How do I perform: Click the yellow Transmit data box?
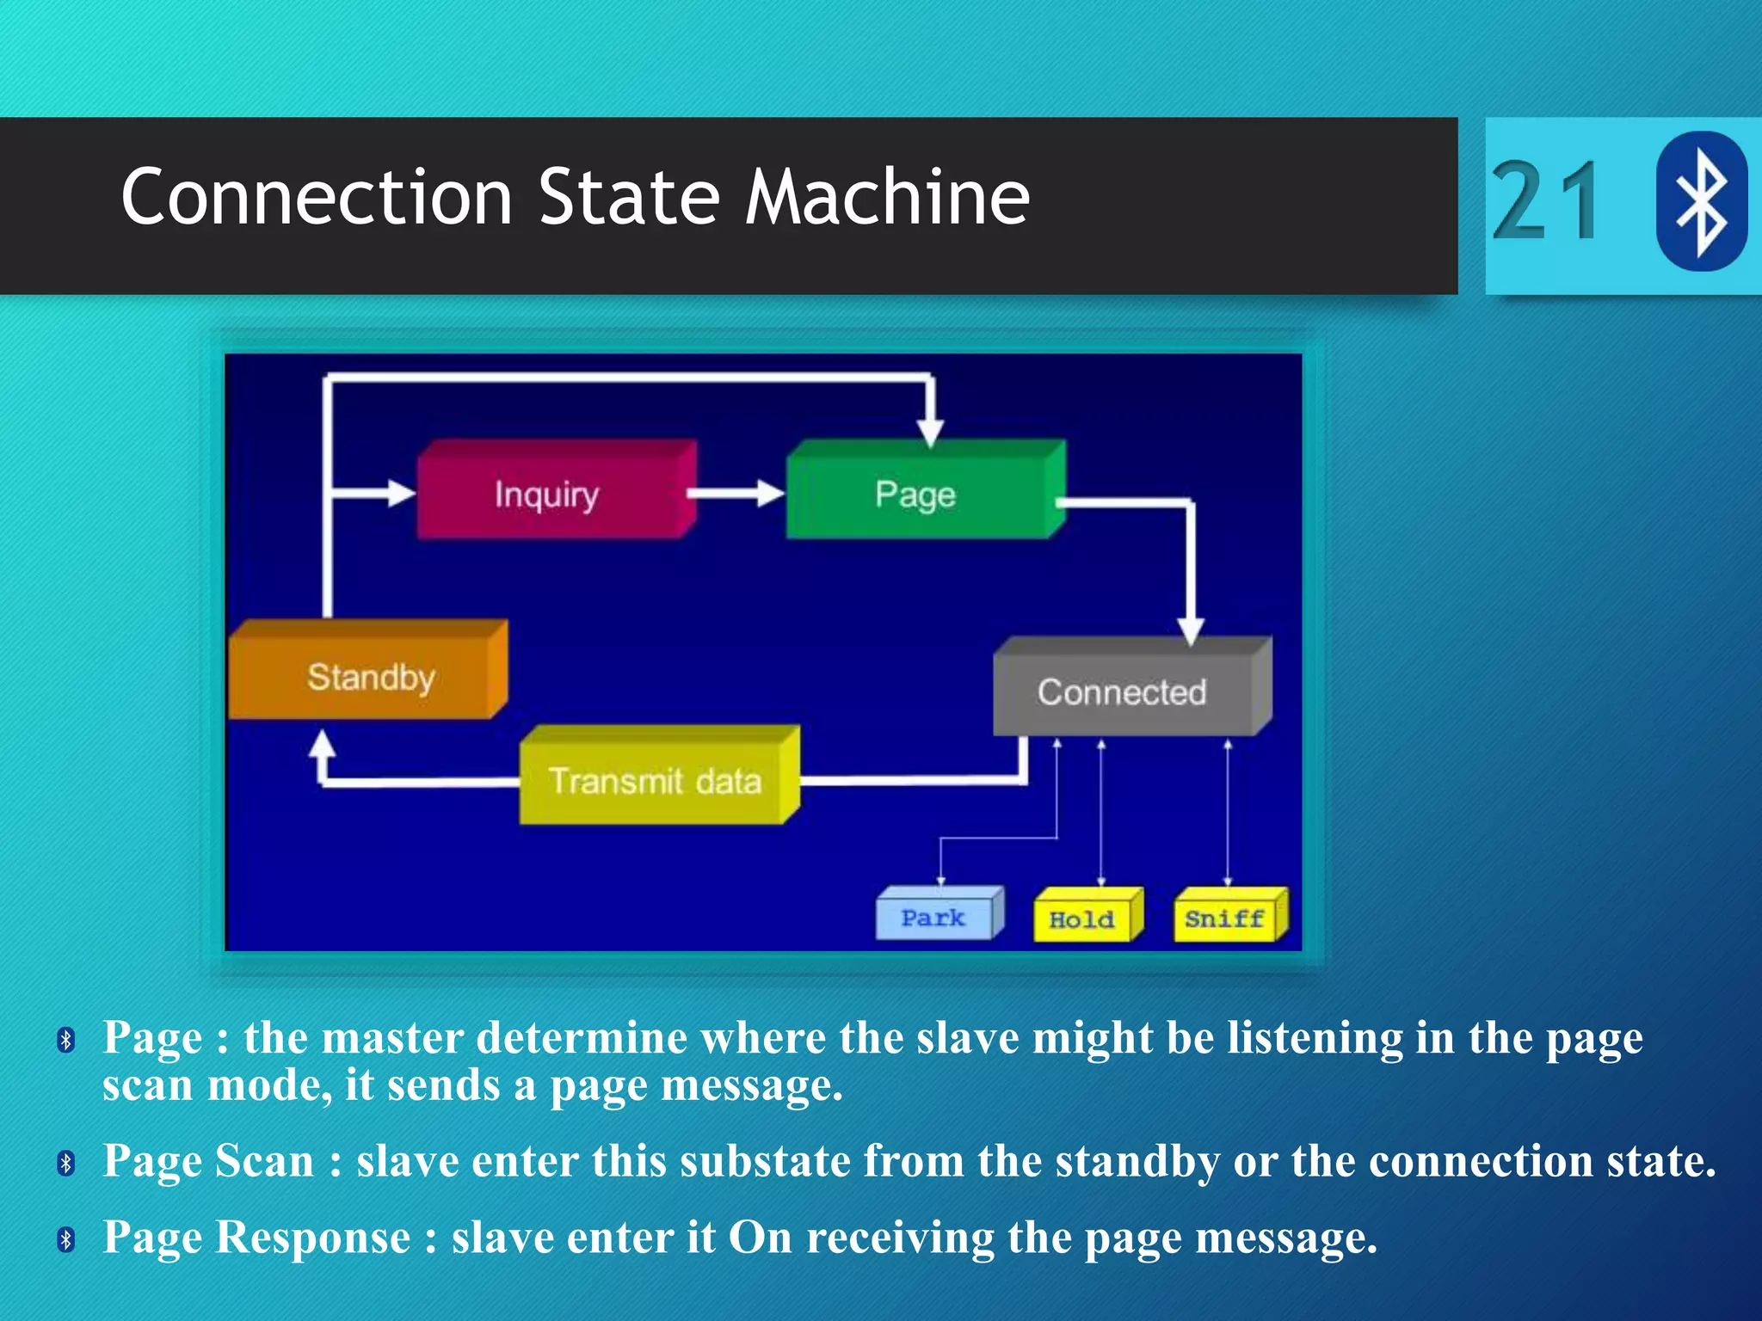pyautogui.click(x=656, y=780)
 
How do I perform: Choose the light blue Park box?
pyautogui.click(x=935, y=918)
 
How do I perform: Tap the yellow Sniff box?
pyautogui.click(x=1226, y=919)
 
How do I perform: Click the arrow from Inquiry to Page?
pyautogui.click(x=736, y=494)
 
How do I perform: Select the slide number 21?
pyautogui.click(x=1546, y=202)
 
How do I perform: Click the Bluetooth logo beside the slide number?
pyautogui.click(x=1700, y=200)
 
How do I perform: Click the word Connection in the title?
pyautogui.click(x=317, y=198)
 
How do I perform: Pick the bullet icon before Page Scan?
pyautogui.click(x=66, y=1164)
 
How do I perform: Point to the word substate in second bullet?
pyautogui.click(x=765, y=1161)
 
